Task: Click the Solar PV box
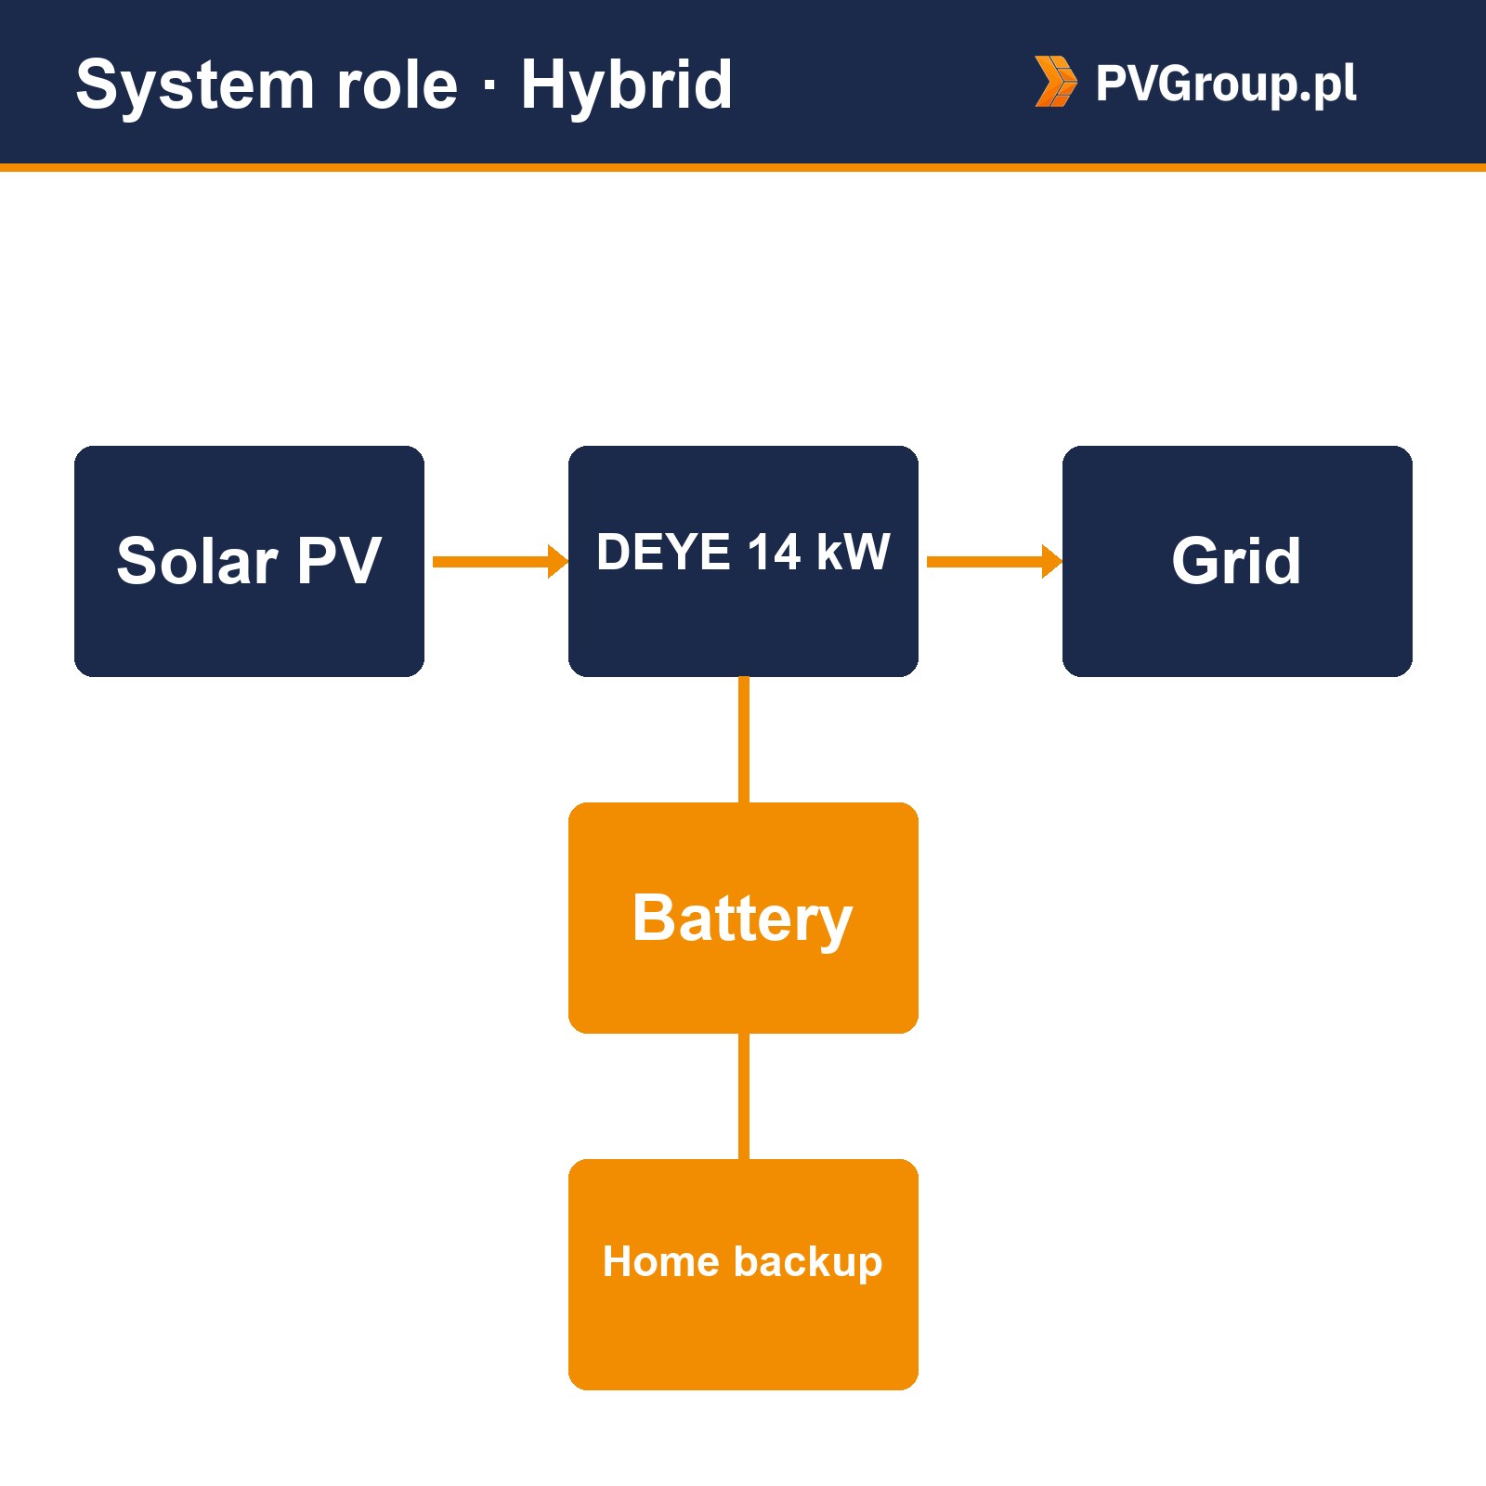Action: click(x=249, y=561)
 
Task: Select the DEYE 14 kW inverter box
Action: click(x=743, y=561)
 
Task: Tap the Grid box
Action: click(x=1237, y=561)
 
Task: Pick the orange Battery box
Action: click(x=743, y=918)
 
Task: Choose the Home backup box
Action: click(x=743, y=1274)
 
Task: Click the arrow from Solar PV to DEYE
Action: click(x=501, y=561)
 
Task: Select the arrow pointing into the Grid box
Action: click(x=995, y=561)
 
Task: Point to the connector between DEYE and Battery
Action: click(x=744, y=739)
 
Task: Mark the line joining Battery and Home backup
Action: click(x=744, y=1096)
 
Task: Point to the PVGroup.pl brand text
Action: click(x=1226, y=84)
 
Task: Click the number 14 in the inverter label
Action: click(x=774, y=552)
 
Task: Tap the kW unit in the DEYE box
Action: click(x=854, y=552)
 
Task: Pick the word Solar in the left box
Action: click(x=197, y=561)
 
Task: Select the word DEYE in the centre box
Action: click(x=663, y=552)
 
